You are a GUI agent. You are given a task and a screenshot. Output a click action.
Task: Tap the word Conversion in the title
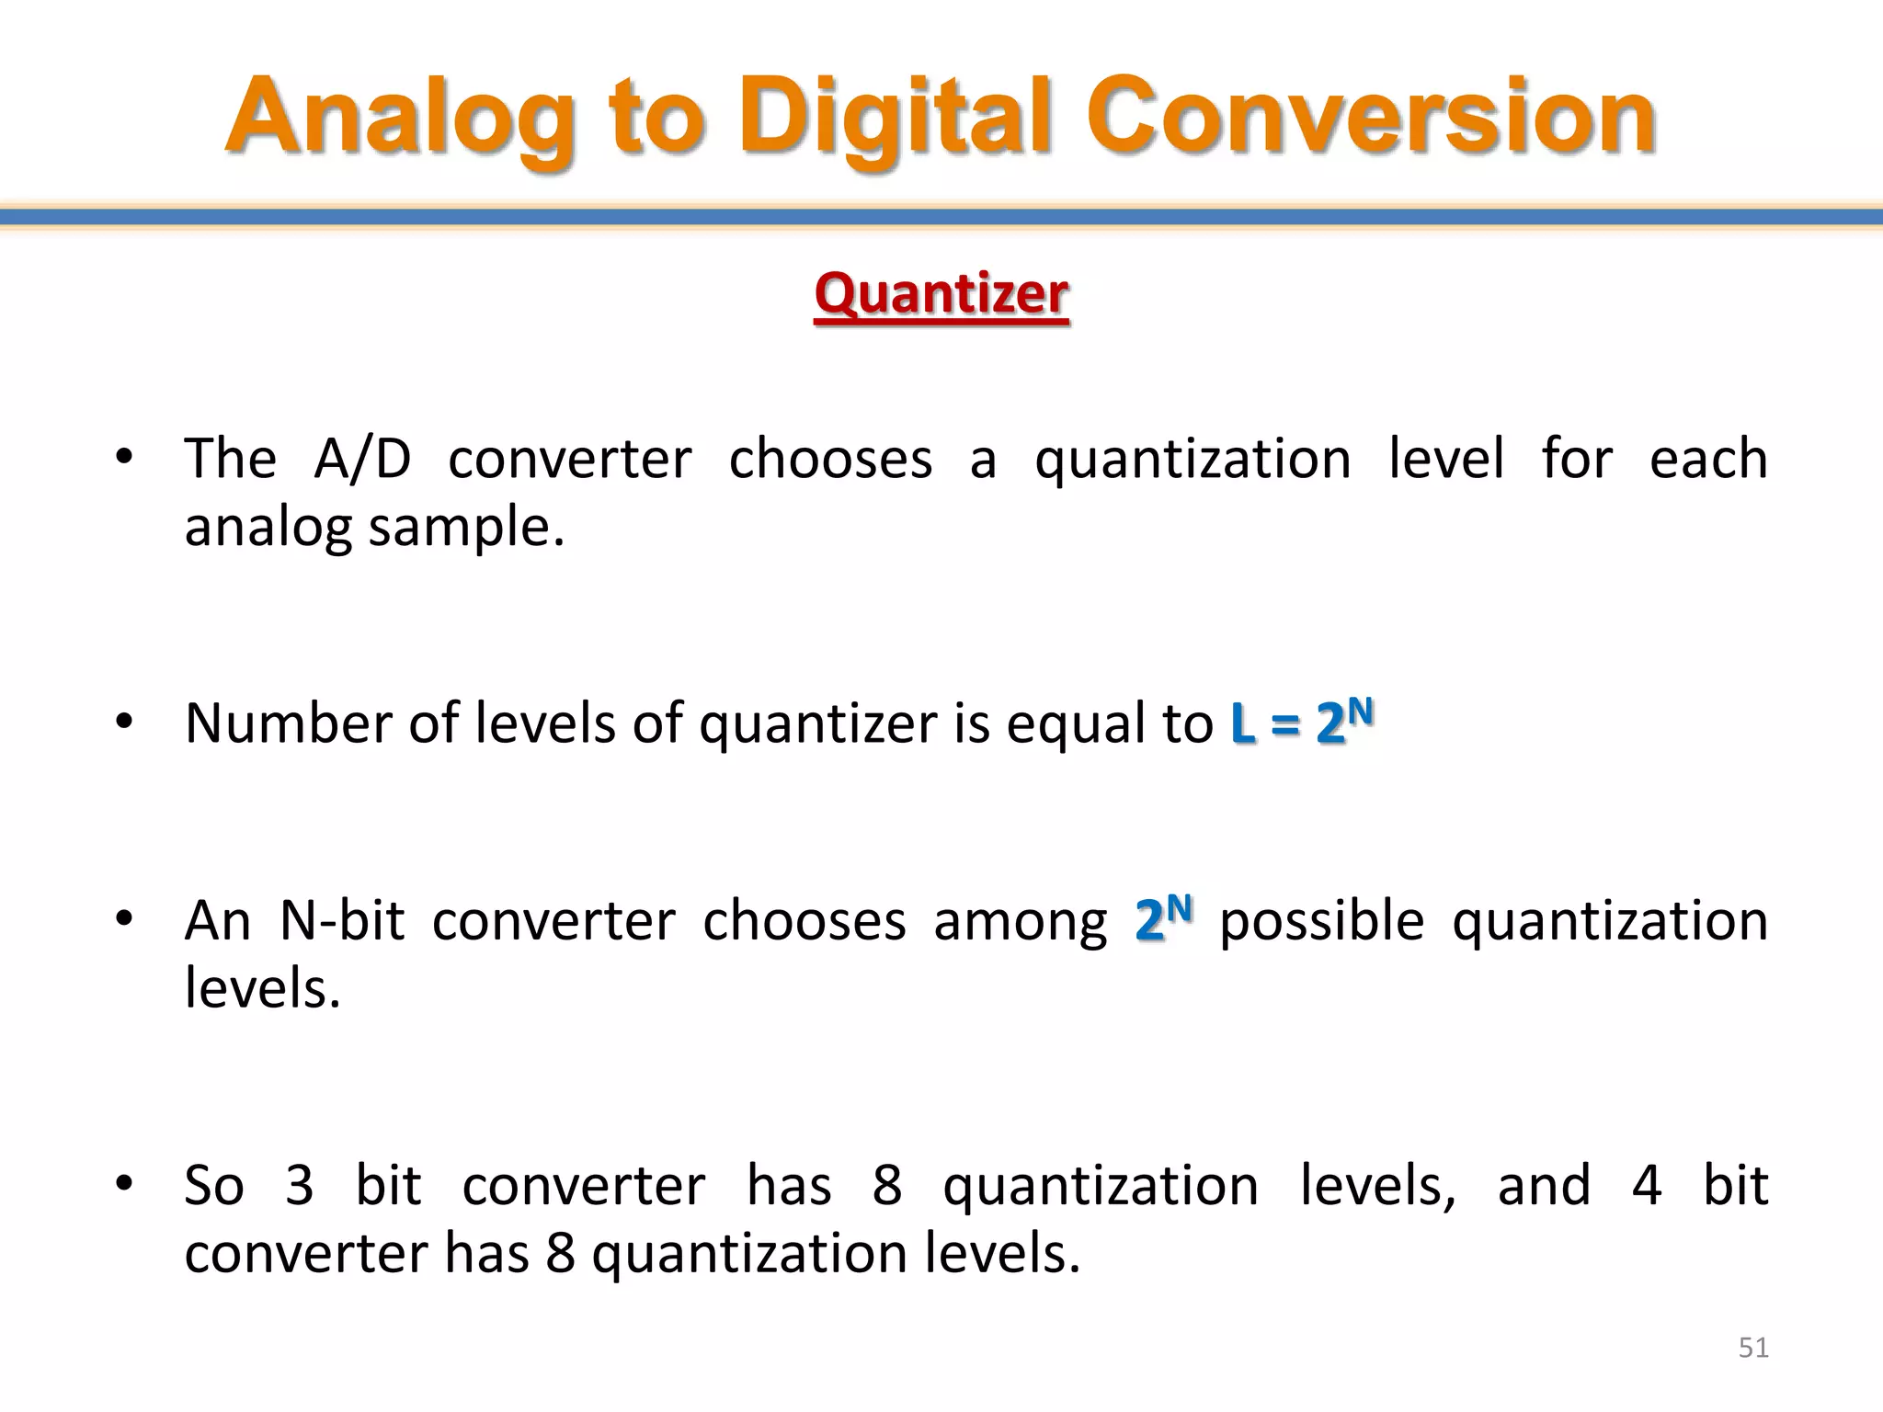click(1370, 118)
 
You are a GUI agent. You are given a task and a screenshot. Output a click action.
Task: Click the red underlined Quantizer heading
click(941, 295)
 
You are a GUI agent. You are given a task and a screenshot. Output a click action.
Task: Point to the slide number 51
click(1753, 1348)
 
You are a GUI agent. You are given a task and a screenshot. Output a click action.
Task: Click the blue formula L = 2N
click(1302, 722)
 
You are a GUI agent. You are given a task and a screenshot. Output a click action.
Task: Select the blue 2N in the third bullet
click(1163, 919)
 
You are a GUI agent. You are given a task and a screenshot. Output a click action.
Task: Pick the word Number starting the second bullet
click(289, 723)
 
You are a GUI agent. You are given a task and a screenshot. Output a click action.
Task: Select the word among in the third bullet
click(1021, 920)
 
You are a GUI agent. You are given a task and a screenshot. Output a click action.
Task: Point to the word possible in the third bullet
click(1321, 920)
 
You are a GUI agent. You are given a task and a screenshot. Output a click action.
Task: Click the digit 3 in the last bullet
click(299, 1185)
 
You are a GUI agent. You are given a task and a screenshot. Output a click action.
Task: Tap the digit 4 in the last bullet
click(1646, 1185)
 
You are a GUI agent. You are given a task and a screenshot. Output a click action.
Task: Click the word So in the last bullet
click(213, 1185)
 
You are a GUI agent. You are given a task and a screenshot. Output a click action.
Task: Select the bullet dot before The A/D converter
click(125, 456)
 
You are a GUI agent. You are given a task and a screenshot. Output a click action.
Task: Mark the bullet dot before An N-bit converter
click(125, 917)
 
